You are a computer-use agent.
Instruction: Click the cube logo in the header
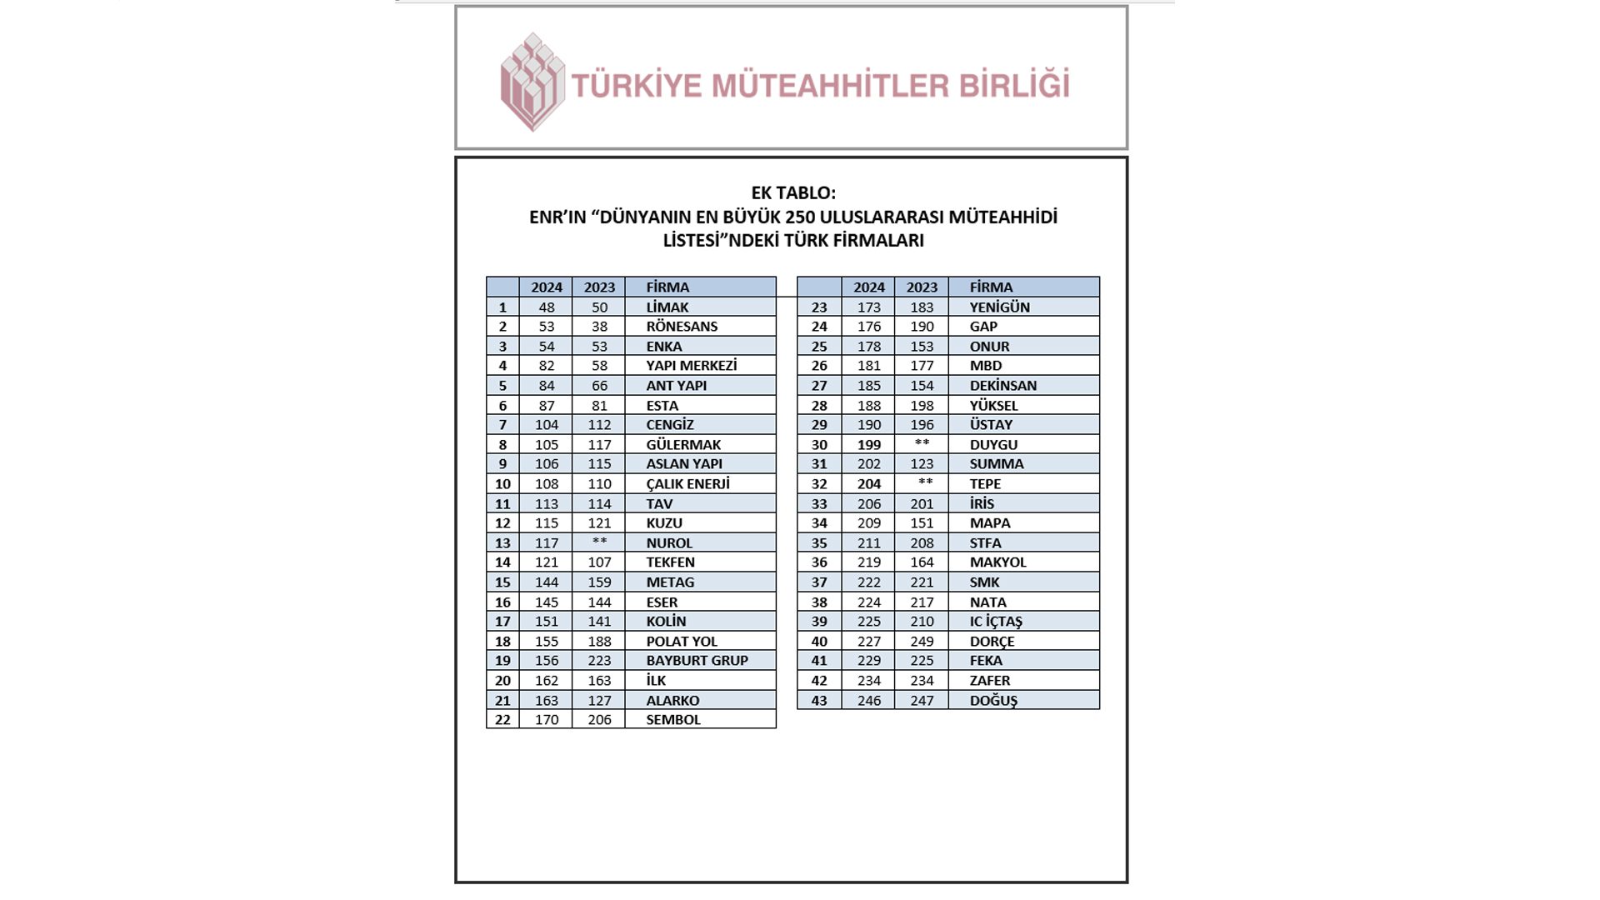tap(532, 82)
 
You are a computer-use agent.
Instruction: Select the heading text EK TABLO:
tap(792, 192)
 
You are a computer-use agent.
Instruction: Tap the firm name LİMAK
tap(667, 307)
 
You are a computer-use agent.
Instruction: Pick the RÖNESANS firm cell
tap(682, 327)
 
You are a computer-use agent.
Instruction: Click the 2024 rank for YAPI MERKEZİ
tap(546, 366)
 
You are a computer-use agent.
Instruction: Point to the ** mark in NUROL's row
tap(599, 542)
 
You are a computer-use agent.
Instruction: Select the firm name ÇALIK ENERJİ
tap(687, 484)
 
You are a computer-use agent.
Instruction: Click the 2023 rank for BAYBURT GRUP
tap(599, 661)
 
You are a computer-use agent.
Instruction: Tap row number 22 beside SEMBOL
tap(502, 720)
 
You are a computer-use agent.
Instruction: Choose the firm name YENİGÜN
tap(999, 307)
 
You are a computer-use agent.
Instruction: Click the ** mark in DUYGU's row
tap(922, 443)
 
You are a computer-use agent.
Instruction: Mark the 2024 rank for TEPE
tap(868, 484)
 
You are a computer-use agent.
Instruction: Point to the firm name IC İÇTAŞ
tap(995, 622)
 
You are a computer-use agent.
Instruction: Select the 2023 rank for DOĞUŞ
tap(922, 701)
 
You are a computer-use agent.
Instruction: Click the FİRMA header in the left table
tap(667, 287)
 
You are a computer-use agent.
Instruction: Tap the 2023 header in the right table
tap(922, 287)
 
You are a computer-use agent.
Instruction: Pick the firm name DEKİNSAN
tap(1002, 386)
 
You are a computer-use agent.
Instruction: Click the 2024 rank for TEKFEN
tap(546, 562)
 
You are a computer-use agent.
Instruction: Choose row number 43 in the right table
tap(819, 701)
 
